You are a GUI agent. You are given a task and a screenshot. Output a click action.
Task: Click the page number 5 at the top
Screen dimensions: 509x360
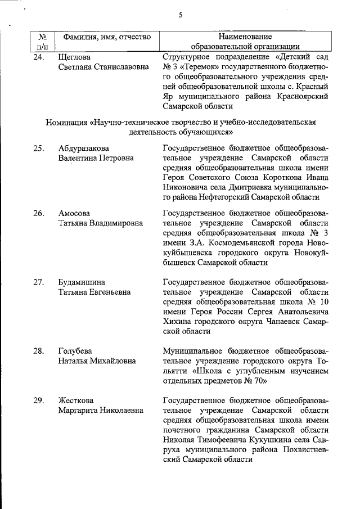tap(181, 15)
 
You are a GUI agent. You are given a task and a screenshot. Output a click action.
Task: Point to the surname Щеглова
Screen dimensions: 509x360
tap(75, 57)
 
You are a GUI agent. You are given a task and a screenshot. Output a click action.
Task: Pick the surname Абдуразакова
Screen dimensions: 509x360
tap(84, 148)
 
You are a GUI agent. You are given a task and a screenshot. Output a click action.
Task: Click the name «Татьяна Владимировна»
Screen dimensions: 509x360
tap(101, 223)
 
